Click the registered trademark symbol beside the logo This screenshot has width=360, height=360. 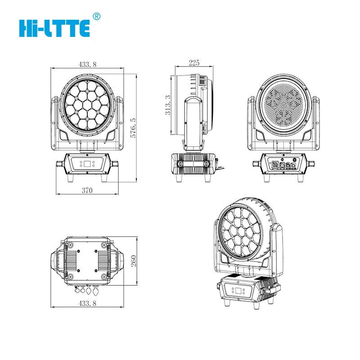click(95, 16)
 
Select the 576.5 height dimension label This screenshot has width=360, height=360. click(132, 127)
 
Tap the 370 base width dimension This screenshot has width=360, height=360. click(87, 190)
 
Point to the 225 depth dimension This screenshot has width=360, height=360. click(194, 63)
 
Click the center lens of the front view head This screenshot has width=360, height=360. click(87, 104)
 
